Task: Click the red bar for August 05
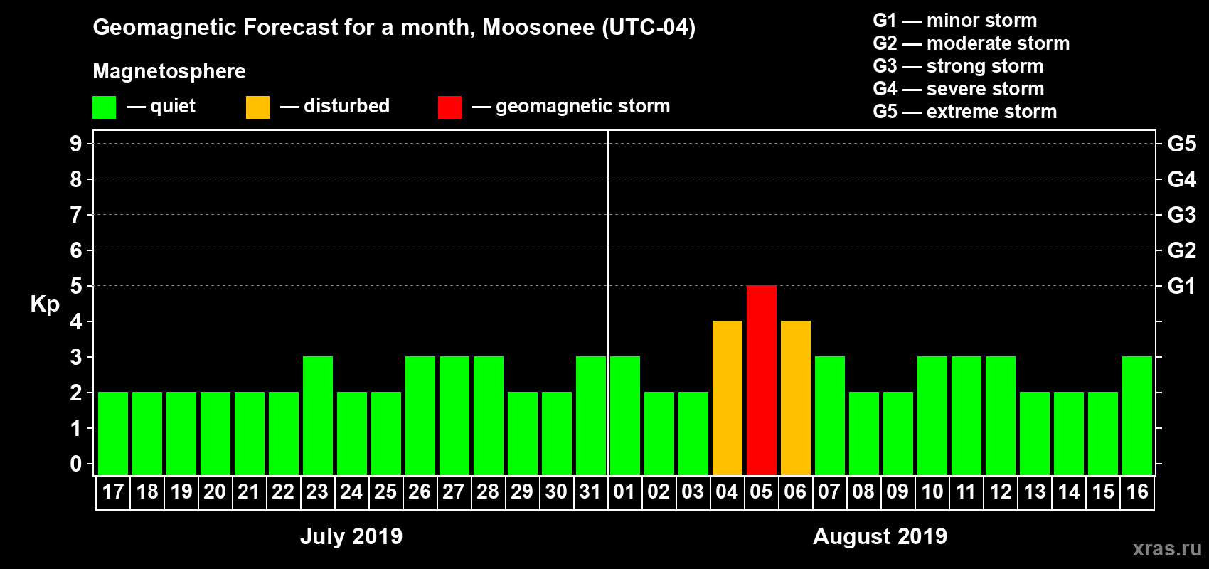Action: click(x=761, y=380)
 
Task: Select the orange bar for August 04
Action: click(x=727, y=398)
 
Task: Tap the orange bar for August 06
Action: click(x=795, y=398)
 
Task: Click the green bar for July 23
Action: click(x=317, y=415)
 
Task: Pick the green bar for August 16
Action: click(x=1136, y=415)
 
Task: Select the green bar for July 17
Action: click(x=113, y=433)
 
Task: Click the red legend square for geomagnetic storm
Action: click(x=449, y=107)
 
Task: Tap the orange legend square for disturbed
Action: click(x=257, y=107)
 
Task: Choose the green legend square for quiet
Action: click(x=104, y=107)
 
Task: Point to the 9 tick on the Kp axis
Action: click(x=76, y=144)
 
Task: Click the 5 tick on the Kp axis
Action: click(x=76, y=286)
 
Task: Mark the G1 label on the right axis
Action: click(x=1181, y=286)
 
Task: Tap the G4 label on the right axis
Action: click(x=1181, y=179)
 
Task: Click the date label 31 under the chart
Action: click(x=590, y=491)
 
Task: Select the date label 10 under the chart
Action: click(x=932, y=491)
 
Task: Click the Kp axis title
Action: click(x=45, y=304)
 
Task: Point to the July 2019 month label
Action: click(x=351, y=536)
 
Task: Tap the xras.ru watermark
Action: click(x=1167, y=548)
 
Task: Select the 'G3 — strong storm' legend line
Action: click(x=958, y=66)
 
